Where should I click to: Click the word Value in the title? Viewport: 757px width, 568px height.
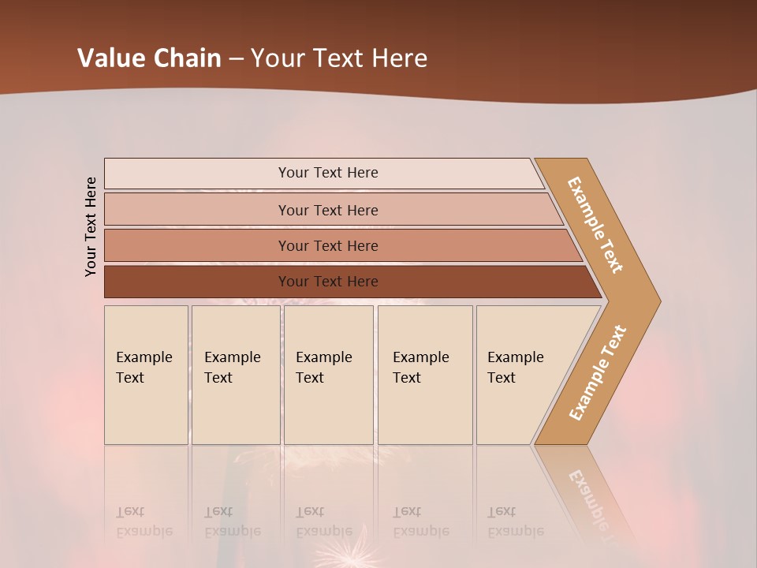coord(109,58)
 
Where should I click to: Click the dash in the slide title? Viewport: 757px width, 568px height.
coord(236,59)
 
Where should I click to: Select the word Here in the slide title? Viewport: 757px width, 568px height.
coord(399,58)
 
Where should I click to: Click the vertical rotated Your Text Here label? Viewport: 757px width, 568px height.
coord(91,226)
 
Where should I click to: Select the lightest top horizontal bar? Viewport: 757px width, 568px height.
coord(327,173)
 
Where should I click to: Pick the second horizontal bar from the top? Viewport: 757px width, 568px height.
coord(327,210)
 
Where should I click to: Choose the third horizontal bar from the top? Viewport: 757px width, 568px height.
coord(327,245)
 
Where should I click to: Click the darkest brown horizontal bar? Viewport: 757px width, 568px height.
coord(327,282)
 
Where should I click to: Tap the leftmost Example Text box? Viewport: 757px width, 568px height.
coord(145,375)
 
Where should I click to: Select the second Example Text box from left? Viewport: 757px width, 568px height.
coord(235,375)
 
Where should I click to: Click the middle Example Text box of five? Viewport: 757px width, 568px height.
coord(328,375)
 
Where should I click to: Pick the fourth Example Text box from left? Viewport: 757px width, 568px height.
coord(424,375)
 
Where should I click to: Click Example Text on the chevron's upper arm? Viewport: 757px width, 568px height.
coord(595,225)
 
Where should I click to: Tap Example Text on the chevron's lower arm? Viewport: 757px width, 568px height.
coord(597,373)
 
